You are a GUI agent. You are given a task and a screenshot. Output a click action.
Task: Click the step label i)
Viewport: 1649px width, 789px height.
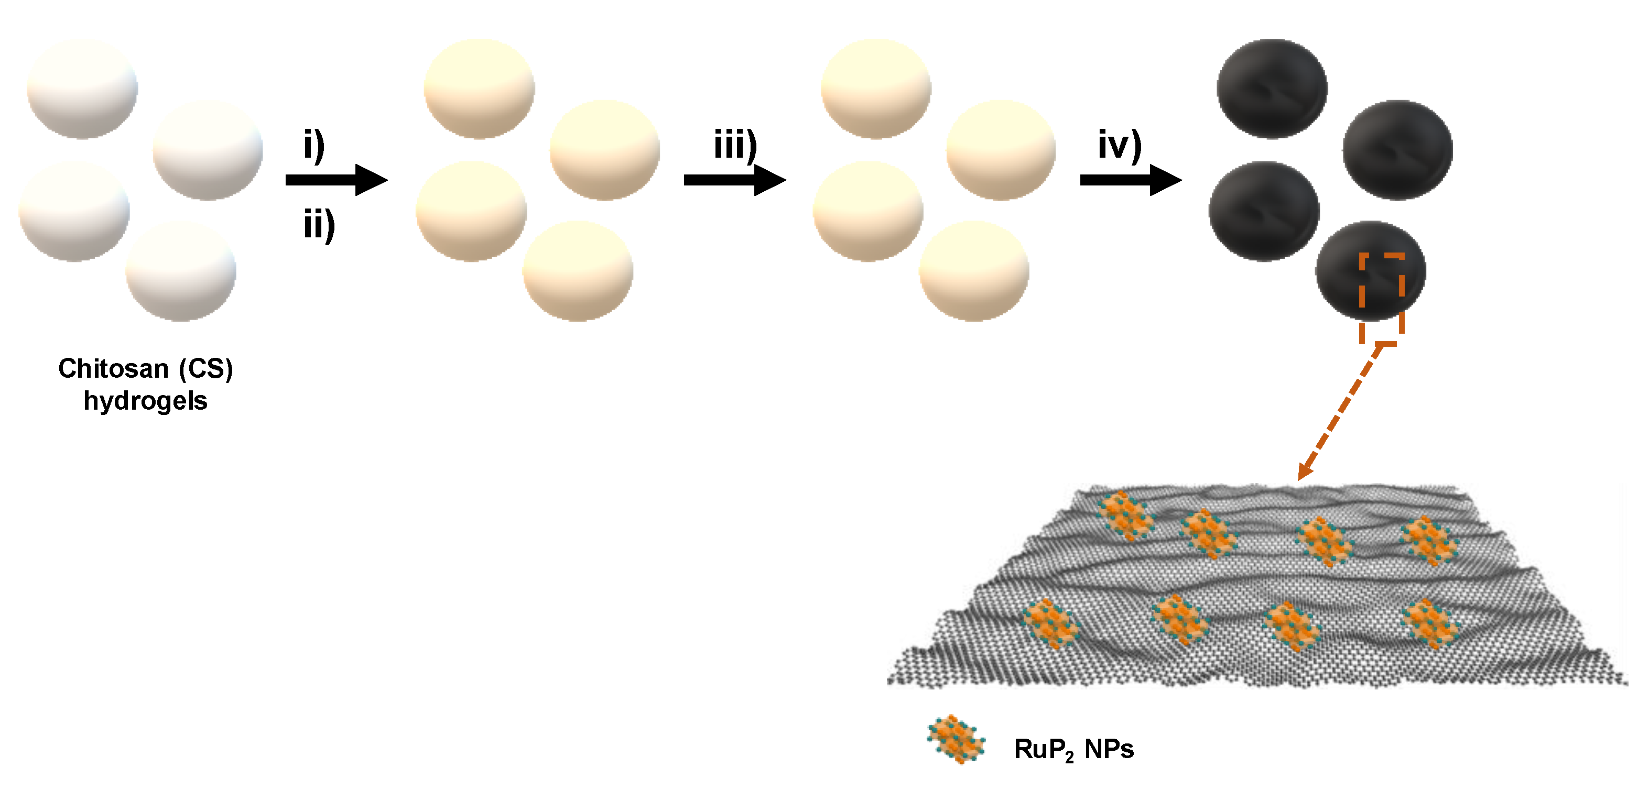tap(313, 145)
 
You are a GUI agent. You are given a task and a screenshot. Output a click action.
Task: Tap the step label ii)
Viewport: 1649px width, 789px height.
tap(319, 225)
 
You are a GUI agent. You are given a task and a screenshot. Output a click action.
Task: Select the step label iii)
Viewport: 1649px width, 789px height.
tap(735, 145)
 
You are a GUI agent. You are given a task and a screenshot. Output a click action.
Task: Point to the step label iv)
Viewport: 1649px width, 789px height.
tap(1120, 145)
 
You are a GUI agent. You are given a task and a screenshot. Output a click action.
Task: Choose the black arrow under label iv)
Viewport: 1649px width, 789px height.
tap(1131, 180)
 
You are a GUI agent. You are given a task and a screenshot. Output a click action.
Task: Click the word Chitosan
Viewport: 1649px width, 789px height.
tap(113, 369)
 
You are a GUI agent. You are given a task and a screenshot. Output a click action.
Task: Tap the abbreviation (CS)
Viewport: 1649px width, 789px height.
tap(205, 369)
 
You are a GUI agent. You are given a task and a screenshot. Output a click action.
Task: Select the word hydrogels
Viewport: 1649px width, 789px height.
tap(145, 401)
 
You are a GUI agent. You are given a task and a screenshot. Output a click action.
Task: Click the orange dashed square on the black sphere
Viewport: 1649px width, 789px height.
tap(1382, 298)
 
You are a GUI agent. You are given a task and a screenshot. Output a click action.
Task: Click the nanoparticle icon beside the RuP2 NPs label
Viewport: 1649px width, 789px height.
tap(956, 739)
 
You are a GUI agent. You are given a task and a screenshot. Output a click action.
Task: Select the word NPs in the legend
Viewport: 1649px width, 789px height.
tap(1109, 749)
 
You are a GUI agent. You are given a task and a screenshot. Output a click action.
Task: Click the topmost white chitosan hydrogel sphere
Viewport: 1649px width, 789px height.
tap(82, 89)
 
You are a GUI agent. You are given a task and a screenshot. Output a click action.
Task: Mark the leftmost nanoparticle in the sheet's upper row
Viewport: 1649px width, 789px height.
tap(1125, 514)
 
